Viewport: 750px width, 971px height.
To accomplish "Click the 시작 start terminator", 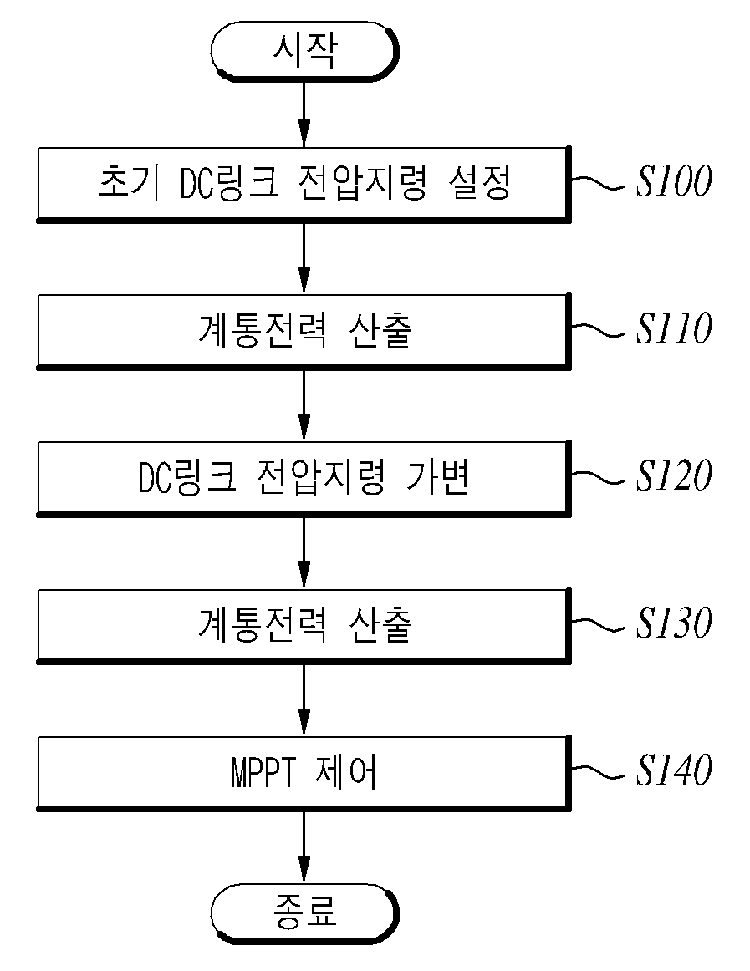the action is (x=304, y=51).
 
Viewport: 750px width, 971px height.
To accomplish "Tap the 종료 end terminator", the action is (x=304, y=913).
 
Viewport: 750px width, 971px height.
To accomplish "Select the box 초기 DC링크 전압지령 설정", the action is (x=304, y=184).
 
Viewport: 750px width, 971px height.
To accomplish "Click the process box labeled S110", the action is (x=304, y=331).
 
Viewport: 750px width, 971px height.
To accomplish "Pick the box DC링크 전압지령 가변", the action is (x=304, y=478).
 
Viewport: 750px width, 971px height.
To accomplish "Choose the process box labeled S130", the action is (x=304, y=625).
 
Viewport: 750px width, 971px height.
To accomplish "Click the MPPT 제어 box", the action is (x=304, y=773).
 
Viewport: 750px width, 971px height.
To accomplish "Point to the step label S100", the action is (x=674, y=181).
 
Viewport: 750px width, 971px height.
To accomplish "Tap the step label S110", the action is (x=674, y=328).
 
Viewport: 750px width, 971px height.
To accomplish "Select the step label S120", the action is (x=674, y=475).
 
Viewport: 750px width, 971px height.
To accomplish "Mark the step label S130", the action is (x=674, y=623).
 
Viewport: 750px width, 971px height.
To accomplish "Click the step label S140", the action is (x=674, y=770).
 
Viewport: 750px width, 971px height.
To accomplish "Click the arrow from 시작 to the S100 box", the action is (x=304, y=114).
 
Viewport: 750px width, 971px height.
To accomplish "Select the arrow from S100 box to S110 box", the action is (x=304, y=258).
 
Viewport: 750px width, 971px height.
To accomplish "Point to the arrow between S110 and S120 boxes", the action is (x=304, y=405).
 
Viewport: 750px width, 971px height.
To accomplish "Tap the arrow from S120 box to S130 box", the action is (x=304, y=552).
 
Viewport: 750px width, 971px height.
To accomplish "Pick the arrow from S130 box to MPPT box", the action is (x=304, y=699).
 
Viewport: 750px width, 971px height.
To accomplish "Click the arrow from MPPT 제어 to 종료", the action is (x=304, y=847).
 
